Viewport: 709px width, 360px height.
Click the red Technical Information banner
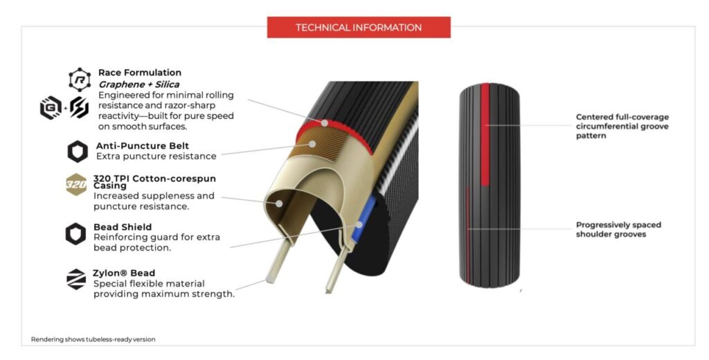pos(359,27)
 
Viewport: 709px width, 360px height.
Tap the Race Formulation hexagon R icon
pos(80,80)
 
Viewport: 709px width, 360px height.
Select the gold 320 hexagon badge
pos(76,185)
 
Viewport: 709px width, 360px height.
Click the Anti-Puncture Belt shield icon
pos(78,151)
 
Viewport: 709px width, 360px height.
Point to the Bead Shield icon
pos(75,234)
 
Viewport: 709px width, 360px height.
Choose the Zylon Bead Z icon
pos(76,279)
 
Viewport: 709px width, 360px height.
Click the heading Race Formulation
pos(140,73)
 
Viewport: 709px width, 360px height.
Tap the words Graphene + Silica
pos(138,84)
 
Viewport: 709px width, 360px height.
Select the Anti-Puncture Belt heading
pos(143,145)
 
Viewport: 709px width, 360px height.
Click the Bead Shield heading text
pos(123,227)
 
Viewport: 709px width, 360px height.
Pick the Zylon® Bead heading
pos(124,273)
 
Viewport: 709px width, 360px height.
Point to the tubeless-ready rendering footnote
pos(93,339)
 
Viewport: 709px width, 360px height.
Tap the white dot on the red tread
pos(325,123)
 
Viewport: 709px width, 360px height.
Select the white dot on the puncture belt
pos(312,144)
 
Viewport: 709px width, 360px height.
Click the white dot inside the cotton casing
pos(279,204)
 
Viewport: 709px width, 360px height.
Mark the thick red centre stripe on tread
pos(485,134)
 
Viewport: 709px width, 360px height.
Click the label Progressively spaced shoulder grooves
pos(618,229)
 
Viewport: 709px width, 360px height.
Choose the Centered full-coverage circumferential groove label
pos(622,126)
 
